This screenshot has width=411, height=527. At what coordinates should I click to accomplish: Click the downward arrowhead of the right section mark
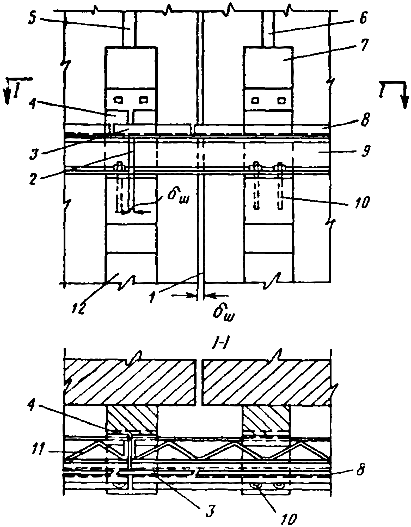(404, 103)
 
